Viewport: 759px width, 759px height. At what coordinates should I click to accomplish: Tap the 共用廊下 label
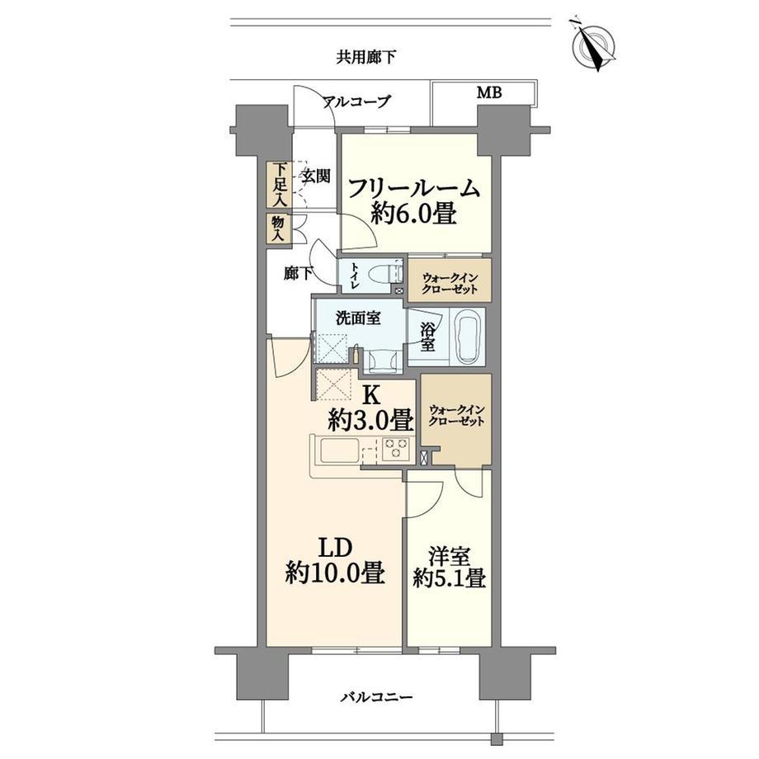(366, 58)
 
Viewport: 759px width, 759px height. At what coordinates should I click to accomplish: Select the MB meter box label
(489, 92)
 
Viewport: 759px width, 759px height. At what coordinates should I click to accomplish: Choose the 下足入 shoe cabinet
(278, 185)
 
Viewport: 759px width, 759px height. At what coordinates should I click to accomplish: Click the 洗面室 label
(358, 318)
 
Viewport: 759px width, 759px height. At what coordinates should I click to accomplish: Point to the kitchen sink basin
(339, 450)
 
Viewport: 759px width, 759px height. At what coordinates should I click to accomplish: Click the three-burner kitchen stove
(397, 448)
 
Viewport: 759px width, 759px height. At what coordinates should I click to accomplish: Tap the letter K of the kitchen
(370, 396)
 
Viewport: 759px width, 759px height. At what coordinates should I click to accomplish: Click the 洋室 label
(449, 557)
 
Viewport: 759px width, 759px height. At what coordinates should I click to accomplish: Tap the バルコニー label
(376, 697)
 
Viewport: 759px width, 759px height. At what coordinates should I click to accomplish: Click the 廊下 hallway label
(298, 275)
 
